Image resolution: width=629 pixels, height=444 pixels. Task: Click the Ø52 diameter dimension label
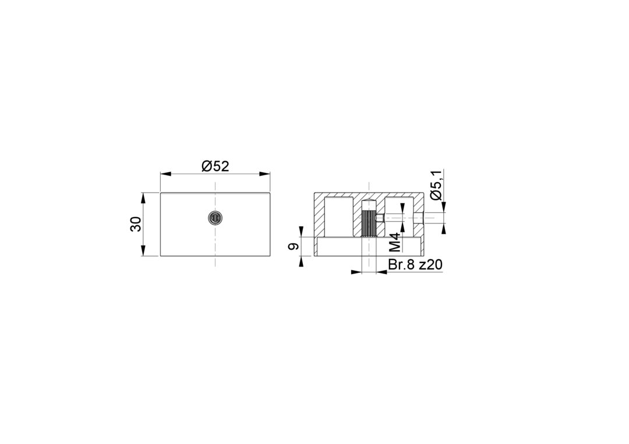pos(215,166)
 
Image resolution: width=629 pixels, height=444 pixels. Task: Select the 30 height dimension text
pos(136,223)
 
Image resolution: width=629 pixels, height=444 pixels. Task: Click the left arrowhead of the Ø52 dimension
pos(165,173)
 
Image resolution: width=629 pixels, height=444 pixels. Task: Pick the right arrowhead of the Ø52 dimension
pos(265,173)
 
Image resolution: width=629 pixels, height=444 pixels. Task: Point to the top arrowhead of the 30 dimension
pos(143,198)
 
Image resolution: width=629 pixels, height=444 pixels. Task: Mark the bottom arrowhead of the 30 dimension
pos(143,251)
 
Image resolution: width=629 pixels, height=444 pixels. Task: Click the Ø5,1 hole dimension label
pos(436,185)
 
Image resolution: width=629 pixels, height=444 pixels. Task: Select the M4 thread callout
pos(395,242)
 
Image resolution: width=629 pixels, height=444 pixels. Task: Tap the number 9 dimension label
pos(294,247)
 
